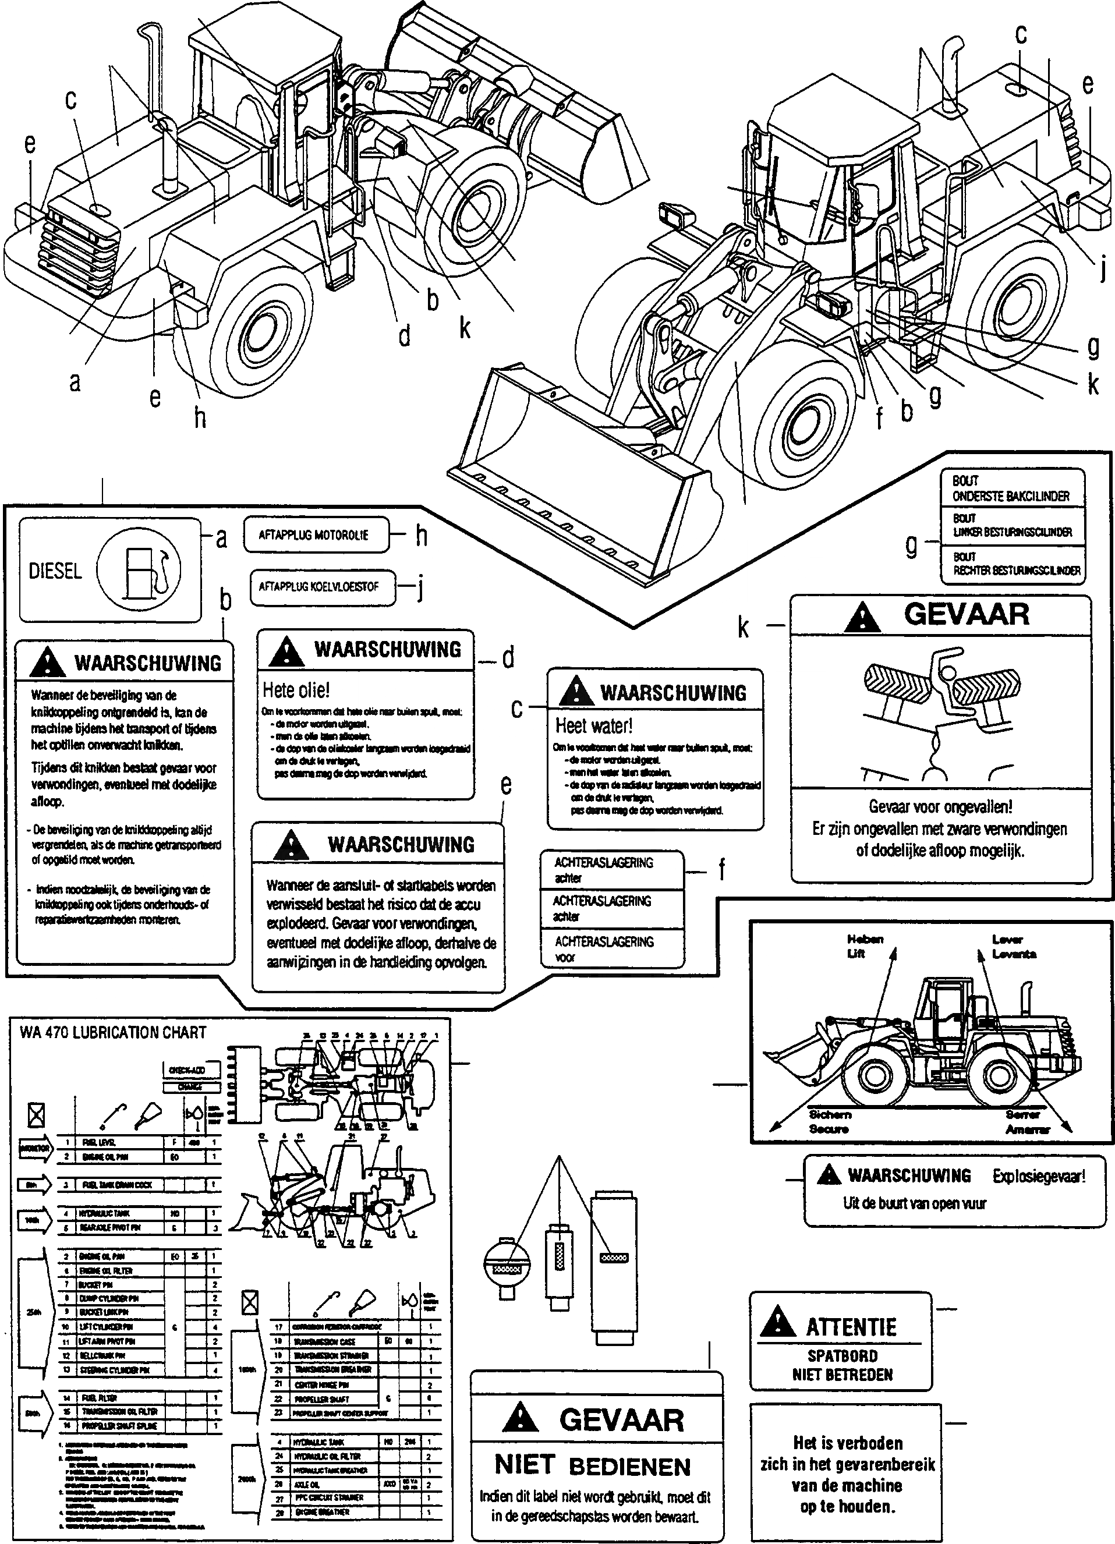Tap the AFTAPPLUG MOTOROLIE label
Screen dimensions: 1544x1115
click(x=314, y=535)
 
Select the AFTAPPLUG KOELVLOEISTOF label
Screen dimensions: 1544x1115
click(x=318, y=587)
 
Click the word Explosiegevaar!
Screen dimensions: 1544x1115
click(x=1038, y=1175)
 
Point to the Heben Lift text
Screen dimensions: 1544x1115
click(x=865, y=946)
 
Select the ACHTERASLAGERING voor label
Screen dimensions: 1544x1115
click(x=604, y=948)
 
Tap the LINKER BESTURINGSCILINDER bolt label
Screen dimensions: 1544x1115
click(x=1011, y=526)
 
